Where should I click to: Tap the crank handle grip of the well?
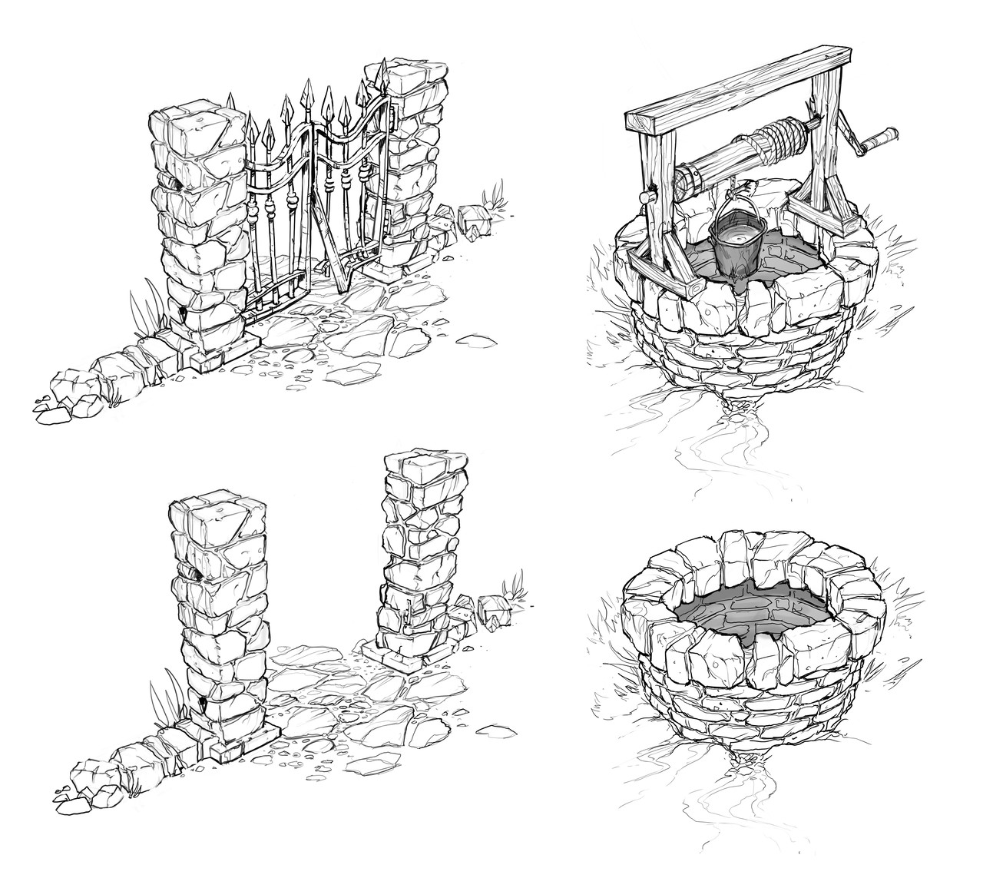pos(882,137)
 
